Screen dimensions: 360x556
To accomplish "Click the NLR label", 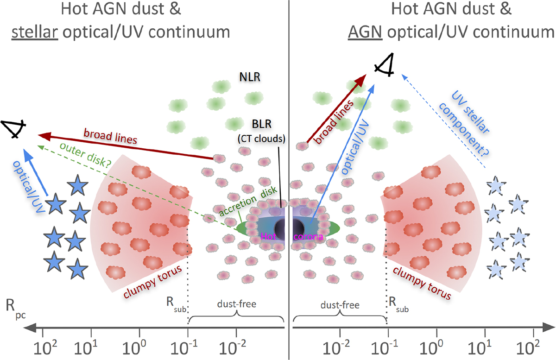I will pyautogui.click(x=248, y=77).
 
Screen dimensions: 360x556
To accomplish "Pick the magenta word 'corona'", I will pyautogui.click(x=308, y=236).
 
